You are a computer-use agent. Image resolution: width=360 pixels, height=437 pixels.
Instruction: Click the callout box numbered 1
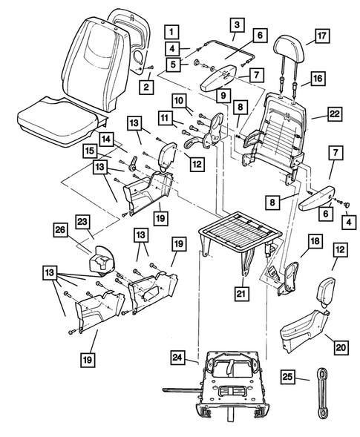click(x=171, y=32)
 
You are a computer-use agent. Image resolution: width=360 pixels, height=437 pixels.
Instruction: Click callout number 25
click(x=289, y=378)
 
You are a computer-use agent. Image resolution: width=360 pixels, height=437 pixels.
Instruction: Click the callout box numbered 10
click(x=180, y=101)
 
